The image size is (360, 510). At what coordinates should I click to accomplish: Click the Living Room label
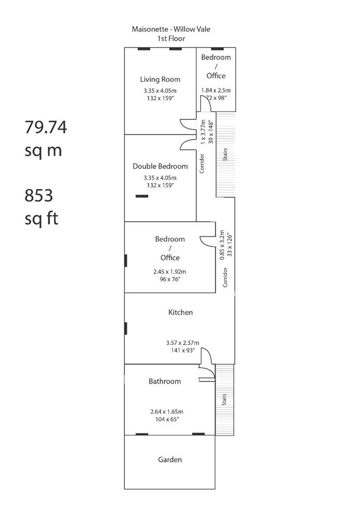(x=160, y=79)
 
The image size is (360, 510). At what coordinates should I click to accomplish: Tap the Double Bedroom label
(x=160, y=166)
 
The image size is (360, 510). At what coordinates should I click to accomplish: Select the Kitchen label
(x=181, y=312)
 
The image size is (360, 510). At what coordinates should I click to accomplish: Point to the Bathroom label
(x=165, y=381)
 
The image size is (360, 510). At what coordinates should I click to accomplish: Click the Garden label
(x=170, y=460)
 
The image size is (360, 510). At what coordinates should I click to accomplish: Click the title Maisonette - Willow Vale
(x=171, y=29)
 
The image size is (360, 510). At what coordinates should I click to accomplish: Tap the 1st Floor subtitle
(x=171, y=38)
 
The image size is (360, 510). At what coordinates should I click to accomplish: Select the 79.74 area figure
(x=46, y=127)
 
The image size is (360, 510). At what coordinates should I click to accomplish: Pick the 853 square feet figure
(x=39, y=195)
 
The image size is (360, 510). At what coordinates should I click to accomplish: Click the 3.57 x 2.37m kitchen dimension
(x=183, y=343)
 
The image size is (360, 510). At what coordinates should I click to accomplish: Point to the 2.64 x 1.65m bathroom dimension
(x=167, y=412)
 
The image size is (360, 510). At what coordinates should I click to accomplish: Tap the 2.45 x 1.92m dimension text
(x=170, y=271)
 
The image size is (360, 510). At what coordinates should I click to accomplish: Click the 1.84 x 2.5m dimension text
(x=216, y=90)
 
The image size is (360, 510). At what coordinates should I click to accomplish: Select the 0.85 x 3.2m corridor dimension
(x=222, y=245)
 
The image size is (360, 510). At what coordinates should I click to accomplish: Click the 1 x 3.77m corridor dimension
(x=203, y=132)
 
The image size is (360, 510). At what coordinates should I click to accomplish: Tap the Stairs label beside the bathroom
(x=224, y=399)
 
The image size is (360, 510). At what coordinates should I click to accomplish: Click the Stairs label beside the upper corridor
(x=225, y=155)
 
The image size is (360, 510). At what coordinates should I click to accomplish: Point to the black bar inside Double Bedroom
(x=142, y=196)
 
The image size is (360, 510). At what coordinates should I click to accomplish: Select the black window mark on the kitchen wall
(x=125, y=328)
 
